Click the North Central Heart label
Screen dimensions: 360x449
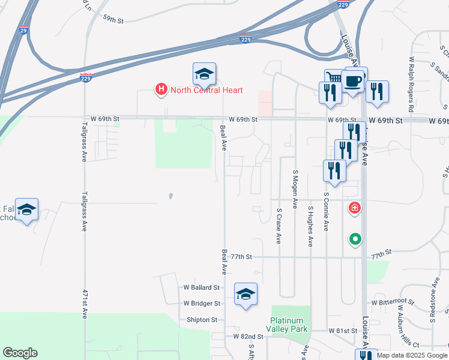pos(206,91)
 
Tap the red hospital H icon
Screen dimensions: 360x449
pos(161,90)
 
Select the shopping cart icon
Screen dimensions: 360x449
pos(334,78)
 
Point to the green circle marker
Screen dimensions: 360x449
pos(355,239)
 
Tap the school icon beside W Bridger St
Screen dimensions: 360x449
pos(246,294)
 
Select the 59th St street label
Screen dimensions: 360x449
pos(113,20)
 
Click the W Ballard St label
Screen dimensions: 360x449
pos(202,288)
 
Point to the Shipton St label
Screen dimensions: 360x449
pos(202,320)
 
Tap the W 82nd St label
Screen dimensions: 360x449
pos(249,337)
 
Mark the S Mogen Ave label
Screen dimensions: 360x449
pos(295,188)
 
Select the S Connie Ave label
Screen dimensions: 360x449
pos(327,211)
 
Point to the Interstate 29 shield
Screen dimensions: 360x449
pos(22,30)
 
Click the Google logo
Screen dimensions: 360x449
pos(20,353)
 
